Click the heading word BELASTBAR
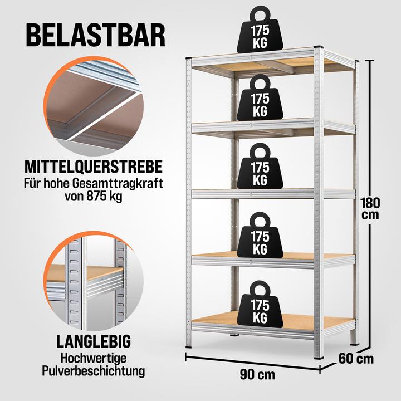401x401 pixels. [x=96, y=35]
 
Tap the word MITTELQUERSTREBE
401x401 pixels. [x=94, y=167]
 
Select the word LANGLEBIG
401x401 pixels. [x=94, y=341]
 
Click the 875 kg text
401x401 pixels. [x=105, y=197]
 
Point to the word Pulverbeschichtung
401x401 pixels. [x=94, y=371]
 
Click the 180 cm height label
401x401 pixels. [x=370, y=209]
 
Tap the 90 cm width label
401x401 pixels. [x=257, y=375]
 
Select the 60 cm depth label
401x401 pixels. [x=356, y=359]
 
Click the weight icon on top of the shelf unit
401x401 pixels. [x=260, y=30]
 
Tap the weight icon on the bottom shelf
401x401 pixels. [x=260, y=305]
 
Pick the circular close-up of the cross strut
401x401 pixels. [x=94, y=106]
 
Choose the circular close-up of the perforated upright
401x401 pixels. [x=94, y=281]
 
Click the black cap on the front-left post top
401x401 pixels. [x=189, y=58]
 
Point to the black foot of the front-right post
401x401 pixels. [x=319, y=357]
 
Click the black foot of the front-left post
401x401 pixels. [x=189, y=347]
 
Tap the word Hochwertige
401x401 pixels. [x=94, y=358]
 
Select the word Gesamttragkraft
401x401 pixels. [x=118, y=184]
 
